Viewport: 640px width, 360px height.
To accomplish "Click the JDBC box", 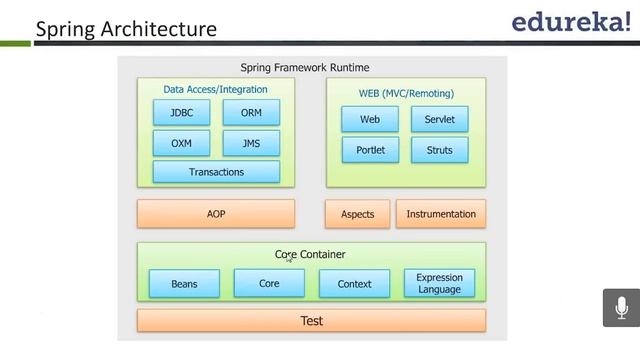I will click(x=181, y=113).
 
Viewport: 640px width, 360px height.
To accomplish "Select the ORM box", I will click(x=251, y=113).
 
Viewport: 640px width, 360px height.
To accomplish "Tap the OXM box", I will click(x=181, y=143).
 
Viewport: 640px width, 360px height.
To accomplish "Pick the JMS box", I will click(x=251, y=143).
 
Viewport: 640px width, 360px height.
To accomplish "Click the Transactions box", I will click(x=216, y=172).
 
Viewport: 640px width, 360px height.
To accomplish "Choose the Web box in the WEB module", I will click(x=370, y=120).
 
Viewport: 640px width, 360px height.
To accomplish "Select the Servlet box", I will click(x=439, y=120).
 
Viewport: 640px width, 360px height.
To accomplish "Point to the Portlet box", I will click(x=370, y=150).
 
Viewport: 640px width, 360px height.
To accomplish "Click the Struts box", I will click(x=439, y=150).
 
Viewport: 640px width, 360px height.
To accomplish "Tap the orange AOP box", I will click(x=216, y=214).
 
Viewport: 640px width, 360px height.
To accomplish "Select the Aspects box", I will click(x=357, y=214).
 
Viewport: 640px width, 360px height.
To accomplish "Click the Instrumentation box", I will click(x=441, y=214).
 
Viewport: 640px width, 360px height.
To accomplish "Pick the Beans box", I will click(x=184, y=284).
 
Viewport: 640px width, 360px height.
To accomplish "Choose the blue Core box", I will click(x=269, y=283).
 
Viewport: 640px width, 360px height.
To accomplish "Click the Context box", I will click(x=354, y=284).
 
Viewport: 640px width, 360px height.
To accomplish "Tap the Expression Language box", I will click(x=439, y=283).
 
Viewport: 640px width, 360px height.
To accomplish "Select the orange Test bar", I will click(x=311, y=321).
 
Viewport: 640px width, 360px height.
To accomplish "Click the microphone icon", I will click(x=621, y=307).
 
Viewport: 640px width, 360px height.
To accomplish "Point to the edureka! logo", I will click(x=571, y=23).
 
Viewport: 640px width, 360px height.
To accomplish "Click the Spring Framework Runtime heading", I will click(x=305, y=68).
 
